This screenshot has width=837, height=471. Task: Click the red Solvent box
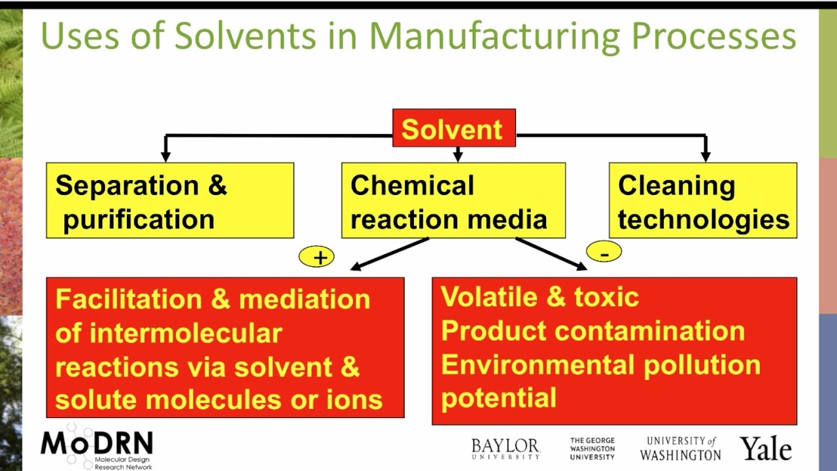click(454, 128)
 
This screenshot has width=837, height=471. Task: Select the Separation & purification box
click(169, 201)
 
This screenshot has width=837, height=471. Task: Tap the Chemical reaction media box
click(453, 201)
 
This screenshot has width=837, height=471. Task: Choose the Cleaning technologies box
click(702, 201)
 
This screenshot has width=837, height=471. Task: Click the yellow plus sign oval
click(316, 257)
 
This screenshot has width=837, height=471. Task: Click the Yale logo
click(765, 449)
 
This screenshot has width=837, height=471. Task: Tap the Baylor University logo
click(505, 449)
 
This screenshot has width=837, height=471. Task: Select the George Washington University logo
click(592, 449)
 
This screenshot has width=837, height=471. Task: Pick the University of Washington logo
click(680, 449)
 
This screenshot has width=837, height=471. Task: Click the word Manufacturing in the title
click(494, 37)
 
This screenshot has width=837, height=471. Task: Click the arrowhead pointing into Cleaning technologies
click(705, 156)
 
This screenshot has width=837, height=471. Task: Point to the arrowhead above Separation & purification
click(166, 156)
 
